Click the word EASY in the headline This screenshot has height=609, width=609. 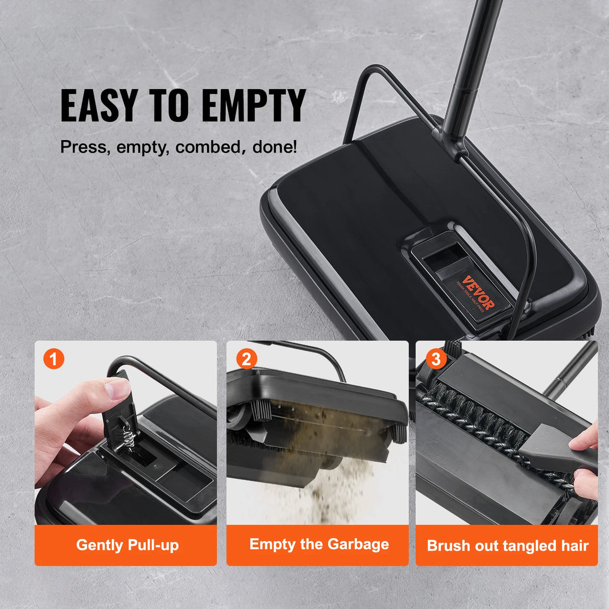(x=98, y=105)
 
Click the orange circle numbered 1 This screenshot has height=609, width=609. (x=54, y=359)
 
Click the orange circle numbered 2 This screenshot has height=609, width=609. (x=246, y=359)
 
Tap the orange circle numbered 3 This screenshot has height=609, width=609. (x=436, y=359)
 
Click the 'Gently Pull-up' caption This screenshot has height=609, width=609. (x=127, y=545)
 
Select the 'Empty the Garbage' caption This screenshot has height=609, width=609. (x=319, y=544)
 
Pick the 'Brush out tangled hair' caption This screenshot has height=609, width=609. (x=507, y=545)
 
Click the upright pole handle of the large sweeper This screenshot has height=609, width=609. (x=471, y=61)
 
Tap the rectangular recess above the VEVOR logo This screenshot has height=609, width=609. (x=446, y=258)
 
